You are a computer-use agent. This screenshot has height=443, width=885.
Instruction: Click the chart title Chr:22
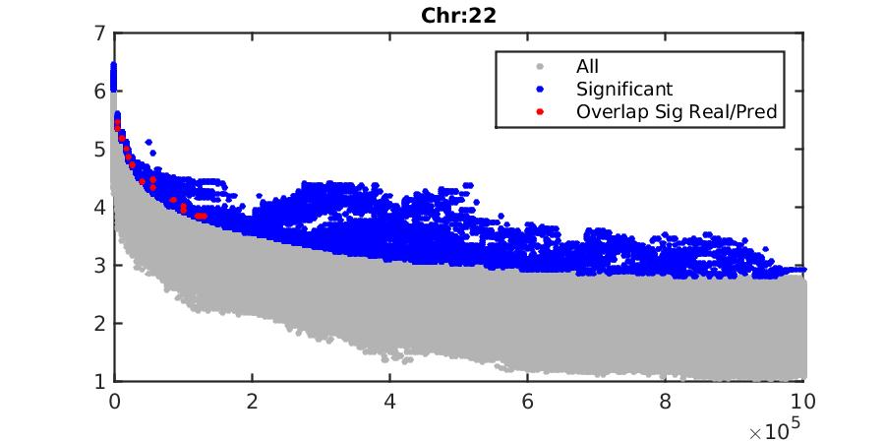point(459,15)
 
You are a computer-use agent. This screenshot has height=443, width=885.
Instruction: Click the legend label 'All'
point(587,67)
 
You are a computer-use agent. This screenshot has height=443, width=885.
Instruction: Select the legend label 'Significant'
point(624,90)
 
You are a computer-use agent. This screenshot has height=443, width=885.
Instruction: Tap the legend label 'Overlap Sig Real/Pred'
point(677,112)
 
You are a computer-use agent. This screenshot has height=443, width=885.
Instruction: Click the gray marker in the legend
point(538,67)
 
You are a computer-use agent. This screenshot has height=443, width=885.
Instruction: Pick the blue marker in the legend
point(538,90)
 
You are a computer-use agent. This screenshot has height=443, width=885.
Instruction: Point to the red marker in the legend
point(538,112)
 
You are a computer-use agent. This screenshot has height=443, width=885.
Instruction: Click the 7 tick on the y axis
point(99,33)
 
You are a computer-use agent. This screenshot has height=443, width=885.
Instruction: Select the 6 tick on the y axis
point(99,92)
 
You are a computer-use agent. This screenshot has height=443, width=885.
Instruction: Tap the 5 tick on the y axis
point(99,150)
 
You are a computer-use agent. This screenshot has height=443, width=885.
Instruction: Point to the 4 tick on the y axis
point(99,208)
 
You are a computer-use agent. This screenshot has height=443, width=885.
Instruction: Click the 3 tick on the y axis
point(99,266)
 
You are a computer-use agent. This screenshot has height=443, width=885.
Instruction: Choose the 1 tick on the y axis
point(99,381)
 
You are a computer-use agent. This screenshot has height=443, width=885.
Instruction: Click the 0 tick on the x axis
point(114,401)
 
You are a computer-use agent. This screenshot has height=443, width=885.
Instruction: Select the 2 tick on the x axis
point(253,401)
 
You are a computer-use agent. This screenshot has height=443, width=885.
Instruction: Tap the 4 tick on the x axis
point(390,401)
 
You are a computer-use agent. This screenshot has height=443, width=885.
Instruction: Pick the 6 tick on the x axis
point(529,401)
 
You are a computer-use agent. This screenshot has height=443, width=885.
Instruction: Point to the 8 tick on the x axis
point(668,401)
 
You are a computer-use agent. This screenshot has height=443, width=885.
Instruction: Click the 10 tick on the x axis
point(805,401)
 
